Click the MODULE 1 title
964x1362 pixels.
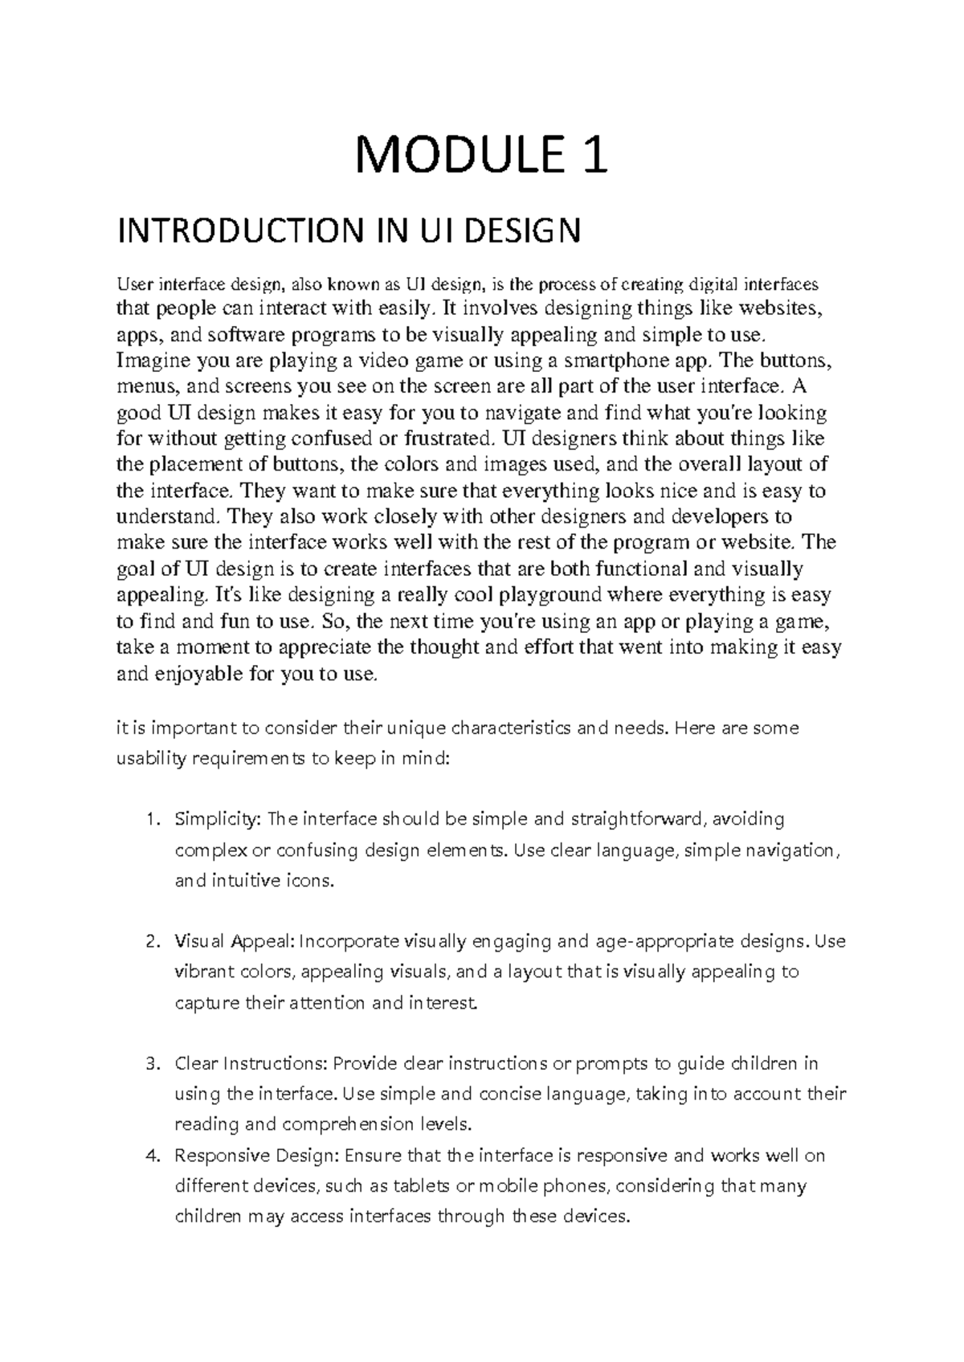coord(482,156)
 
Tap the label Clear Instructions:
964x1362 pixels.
coord(251,1064)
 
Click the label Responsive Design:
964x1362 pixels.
coord(259,1156)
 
